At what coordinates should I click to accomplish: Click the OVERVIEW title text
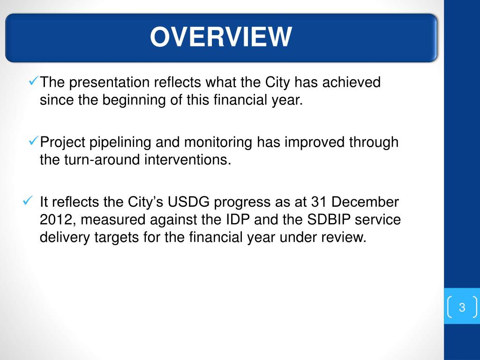(221, 37)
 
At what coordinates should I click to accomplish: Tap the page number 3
(462, 307)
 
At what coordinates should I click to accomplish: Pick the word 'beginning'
(134, 100)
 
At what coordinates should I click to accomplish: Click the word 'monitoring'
(218, 142)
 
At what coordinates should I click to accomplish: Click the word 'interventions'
(187, 160)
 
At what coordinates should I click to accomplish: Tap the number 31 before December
(319, 202)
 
